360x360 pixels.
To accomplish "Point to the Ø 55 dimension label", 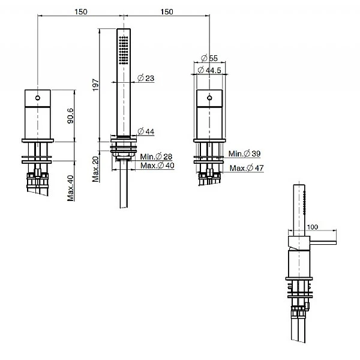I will coord(209,58).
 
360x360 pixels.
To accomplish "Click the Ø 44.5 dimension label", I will coord(211,70).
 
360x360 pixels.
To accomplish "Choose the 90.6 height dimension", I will coord(70,115).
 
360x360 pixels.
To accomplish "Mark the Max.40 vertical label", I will coord(70,188).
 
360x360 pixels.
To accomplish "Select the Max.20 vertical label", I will coord(95,169).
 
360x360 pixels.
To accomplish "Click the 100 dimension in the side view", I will coord(312,228).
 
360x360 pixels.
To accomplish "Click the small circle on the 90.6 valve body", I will coord(38,97).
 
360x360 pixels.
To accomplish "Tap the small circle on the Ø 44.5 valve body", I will coord(209,97).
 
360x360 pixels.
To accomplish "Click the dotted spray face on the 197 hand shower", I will coord(124,52).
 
